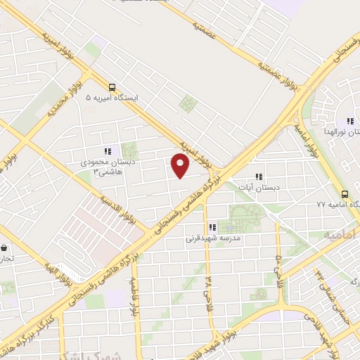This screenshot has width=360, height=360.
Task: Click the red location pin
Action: [181, 165]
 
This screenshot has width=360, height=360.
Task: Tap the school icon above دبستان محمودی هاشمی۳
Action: [108, 151]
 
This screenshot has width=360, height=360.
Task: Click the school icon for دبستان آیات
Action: [259, 176]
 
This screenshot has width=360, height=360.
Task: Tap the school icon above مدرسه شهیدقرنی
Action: [212, 227]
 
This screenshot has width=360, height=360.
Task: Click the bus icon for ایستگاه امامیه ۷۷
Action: [345, 194]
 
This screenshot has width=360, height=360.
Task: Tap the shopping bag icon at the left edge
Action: [4, 247]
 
